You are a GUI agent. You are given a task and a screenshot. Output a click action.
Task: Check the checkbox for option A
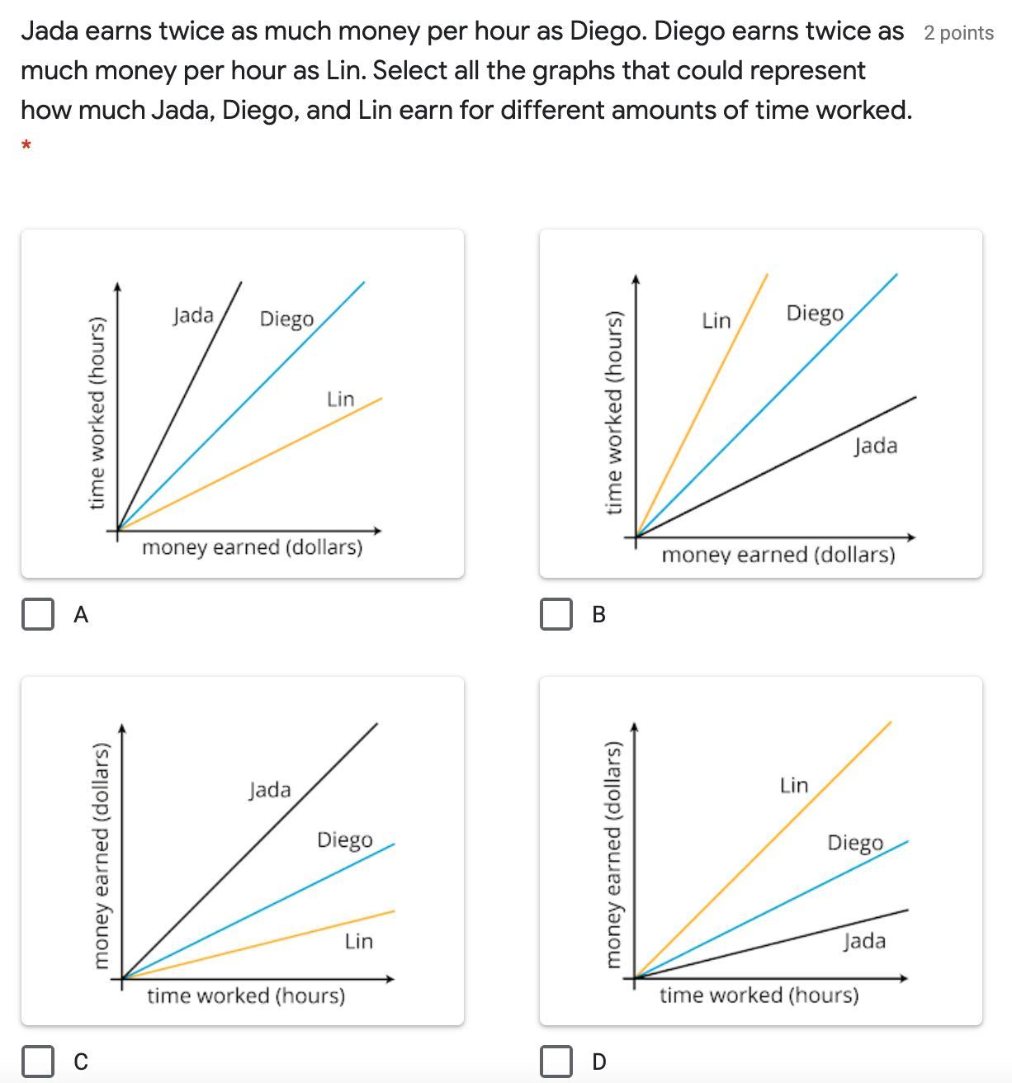pyautogui.click(x=37, y=614)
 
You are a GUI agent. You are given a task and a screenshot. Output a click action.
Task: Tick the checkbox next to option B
pyautogui.click(x=556, y=614)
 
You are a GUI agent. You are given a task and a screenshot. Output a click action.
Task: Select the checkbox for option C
pyautogui.click(x=37, y=1061)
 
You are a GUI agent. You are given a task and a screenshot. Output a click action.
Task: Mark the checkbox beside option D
pyautogui.click(x=556, y=1061)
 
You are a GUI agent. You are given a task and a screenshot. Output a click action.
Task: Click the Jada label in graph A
pyautogui.click(x=193, y=315)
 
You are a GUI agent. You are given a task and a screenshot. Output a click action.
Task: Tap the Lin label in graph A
pyautogui.click(x=340, y=400)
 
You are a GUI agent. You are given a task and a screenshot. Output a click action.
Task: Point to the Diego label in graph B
pyautogui.click(x=815, y=314)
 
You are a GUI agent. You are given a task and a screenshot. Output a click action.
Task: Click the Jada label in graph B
pyautogui.click(x=875, y=447)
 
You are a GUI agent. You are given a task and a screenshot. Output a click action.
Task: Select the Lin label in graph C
pyautogui.click(x=359, y=941)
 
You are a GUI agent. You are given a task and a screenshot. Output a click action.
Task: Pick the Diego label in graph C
pyautogui.click(x=344, y=840)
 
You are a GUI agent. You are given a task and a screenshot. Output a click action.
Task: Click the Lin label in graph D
pyautogui.click(x=794, y=785)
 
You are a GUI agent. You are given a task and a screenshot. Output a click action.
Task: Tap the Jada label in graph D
pyautogui.click(x=864, y=942)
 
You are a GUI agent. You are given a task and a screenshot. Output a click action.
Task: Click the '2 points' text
pyautogui.click(x=958, y=33)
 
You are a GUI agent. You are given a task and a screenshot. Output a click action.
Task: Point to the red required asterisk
pyautogui.click(x=26, y=146)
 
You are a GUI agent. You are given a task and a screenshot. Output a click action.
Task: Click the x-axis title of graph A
pyautogui.click(x=252, y=547)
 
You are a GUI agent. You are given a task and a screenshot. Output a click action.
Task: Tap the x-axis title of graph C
pyautogui.click(x=246, y=996)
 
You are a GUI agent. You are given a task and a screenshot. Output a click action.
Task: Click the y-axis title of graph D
pyautogui.click(x=612, y=854)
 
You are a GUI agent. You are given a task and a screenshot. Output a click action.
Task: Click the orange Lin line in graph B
pyautogui.click(x=702, y=404)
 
